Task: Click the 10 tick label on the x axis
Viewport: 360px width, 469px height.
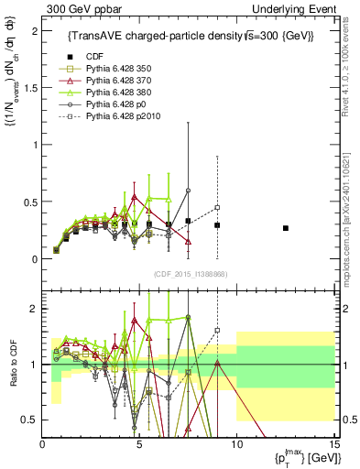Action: tap(236, 444)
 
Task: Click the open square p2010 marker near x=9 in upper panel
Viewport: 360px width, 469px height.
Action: tap(217, 207)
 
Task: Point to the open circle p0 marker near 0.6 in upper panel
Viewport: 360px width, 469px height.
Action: tap(188, 191)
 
